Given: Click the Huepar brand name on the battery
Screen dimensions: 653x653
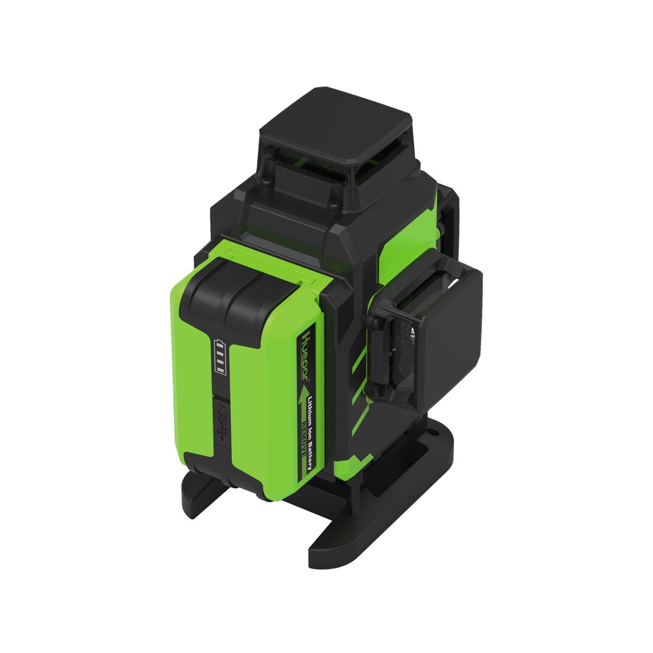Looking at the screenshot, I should coord(306,348).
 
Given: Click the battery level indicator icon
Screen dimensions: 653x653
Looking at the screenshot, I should coord(220,357).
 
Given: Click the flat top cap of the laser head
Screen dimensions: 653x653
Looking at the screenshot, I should coord(335,128).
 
